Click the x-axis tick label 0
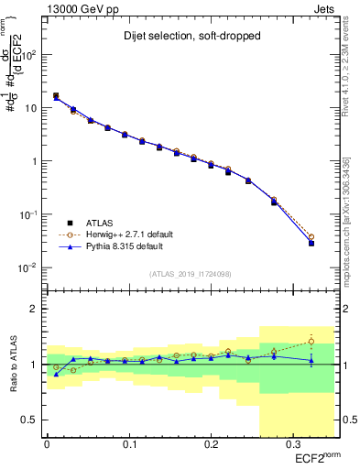(x=47, y=446)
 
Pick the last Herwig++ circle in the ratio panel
(x=311, y=342)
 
